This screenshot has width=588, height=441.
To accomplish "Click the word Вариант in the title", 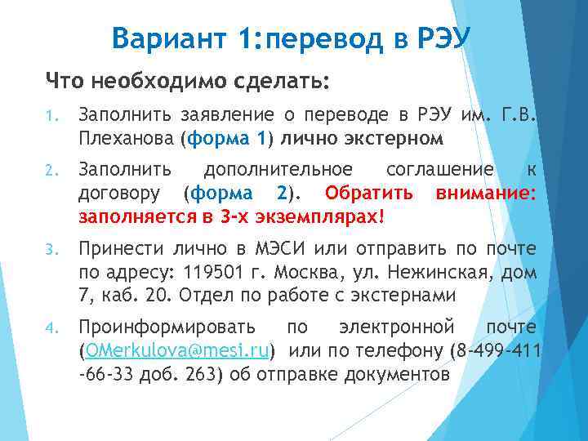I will tap(161, 37).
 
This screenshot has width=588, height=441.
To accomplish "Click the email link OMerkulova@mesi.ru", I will tap(176, 351).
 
